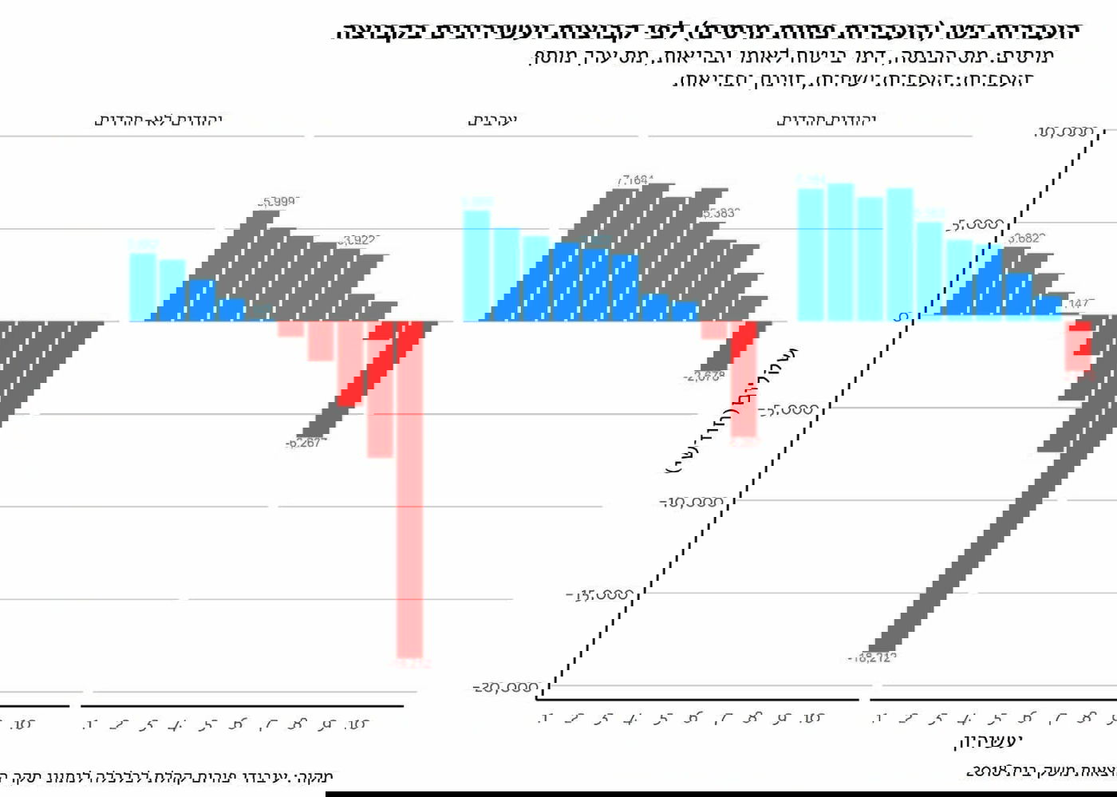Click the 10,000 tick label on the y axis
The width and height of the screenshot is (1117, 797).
point(1063,132)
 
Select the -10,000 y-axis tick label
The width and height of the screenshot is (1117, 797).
point(691,503)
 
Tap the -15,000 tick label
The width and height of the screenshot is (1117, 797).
point(600,595)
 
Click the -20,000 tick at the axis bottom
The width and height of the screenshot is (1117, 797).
point(506,688)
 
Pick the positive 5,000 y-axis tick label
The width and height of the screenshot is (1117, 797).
point(973,225)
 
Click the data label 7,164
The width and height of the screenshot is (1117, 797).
point(634,181)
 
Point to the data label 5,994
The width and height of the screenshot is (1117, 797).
point(278,202)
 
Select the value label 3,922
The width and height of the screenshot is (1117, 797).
point(357,240)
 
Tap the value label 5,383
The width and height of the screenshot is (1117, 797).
point(720,213)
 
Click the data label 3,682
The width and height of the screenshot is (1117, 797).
point(1026,239)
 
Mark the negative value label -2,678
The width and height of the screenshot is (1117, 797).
point(704,377)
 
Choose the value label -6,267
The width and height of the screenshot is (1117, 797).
point(303,444)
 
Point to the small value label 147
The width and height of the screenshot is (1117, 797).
point(1079,304)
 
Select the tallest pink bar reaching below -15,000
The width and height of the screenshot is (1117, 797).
point(410,495)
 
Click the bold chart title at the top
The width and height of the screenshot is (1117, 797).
point(707,32)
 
